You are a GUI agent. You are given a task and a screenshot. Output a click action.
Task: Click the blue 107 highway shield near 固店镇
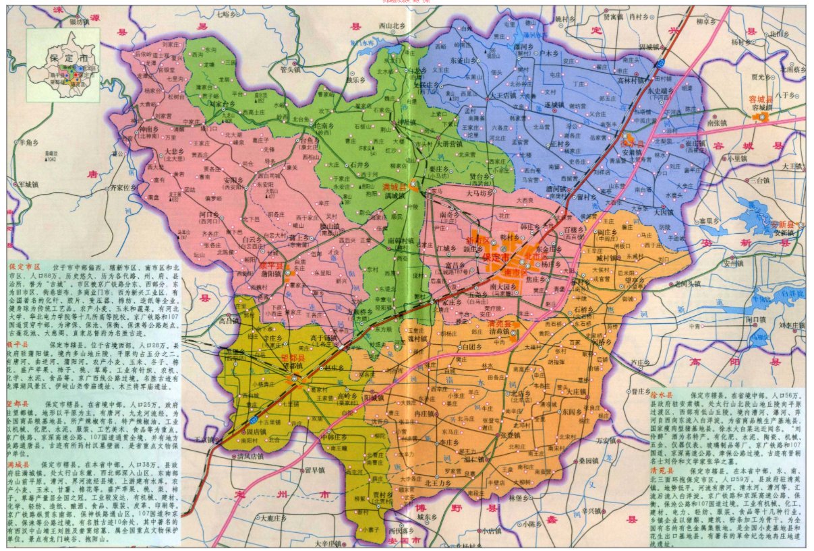tap(252, 420)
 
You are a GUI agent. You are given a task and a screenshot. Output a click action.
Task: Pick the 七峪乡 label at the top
tap(227, 13)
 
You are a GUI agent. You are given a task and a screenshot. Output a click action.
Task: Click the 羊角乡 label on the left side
tap(29, 142)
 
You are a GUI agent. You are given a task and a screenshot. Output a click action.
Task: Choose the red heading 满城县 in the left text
tap(19, 465)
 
